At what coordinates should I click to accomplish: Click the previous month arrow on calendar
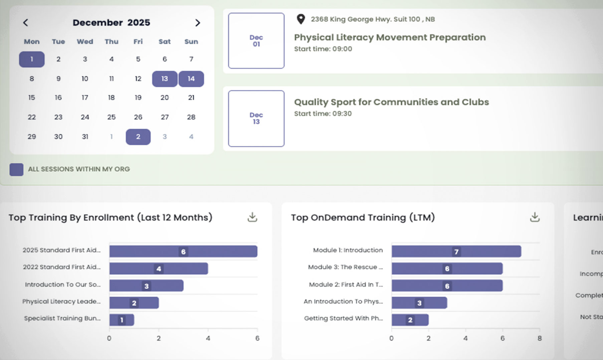tap(25, 23)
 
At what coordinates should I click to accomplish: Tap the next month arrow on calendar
tap(198, 23)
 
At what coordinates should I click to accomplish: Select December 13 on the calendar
tap(165, 79)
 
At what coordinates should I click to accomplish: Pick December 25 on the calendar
tap(111, 117)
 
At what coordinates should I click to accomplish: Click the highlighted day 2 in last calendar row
tap(138, 137)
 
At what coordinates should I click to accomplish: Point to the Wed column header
tap(85, 42)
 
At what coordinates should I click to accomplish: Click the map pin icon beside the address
tap(300, 19)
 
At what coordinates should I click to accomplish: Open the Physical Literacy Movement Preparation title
tap(390, 37)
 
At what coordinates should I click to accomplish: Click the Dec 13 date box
tap(256, 119)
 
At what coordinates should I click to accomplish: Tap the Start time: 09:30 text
tap(323, 114)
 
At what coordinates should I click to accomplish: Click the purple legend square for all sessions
tap(16, 169)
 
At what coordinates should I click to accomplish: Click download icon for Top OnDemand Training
tap(535, 217)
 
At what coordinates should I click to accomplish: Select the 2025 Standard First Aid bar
tap(183, 251)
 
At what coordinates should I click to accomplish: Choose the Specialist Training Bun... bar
tap(122, 320)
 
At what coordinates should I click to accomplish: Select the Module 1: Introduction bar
tap(456, 251)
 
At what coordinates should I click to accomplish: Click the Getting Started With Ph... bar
tap(410, 320)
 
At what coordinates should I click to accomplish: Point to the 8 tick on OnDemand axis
tap(539, 338)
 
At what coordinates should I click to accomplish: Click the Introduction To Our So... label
tap(62, 285)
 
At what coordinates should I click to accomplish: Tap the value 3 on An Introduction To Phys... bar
tap(419, 303)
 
